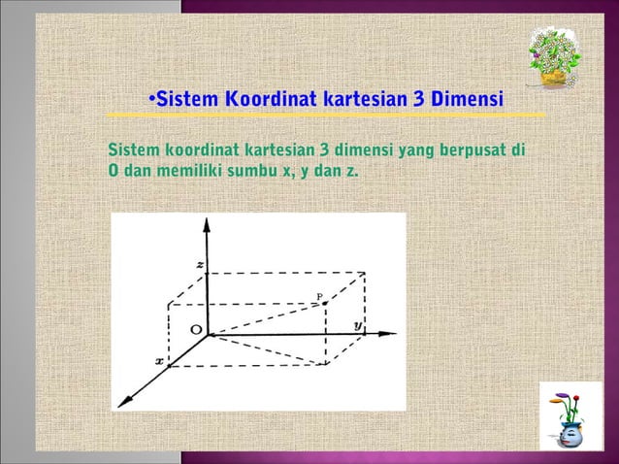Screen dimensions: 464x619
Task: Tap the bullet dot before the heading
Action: (x=151, y=100)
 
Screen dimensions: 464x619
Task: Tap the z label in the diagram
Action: (x=199, y=265)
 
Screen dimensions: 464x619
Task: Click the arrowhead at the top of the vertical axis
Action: (x=206, y=224)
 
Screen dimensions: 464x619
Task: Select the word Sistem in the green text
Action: (x=134, y=151)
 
